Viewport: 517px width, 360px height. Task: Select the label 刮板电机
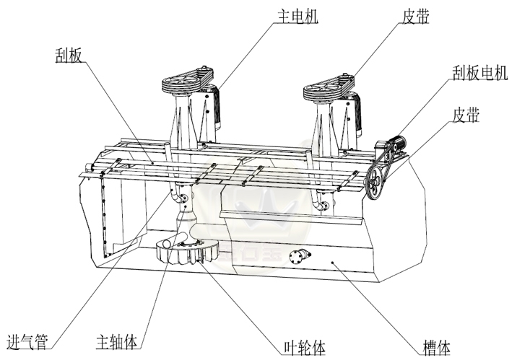(478, 72)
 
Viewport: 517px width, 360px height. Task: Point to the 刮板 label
(69, 54)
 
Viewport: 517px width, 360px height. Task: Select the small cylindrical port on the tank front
(298, 256)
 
